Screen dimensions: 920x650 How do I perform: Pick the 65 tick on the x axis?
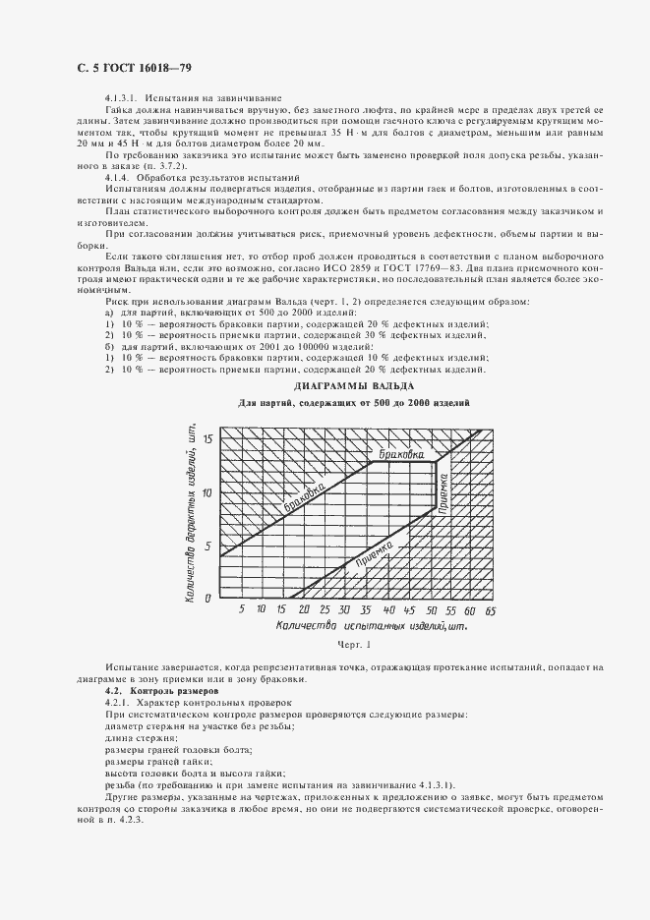click(490, 610)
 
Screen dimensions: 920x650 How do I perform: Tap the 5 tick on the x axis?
click(242, 610)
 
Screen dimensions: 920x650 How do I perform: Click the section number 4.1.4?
click(117, 177)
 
